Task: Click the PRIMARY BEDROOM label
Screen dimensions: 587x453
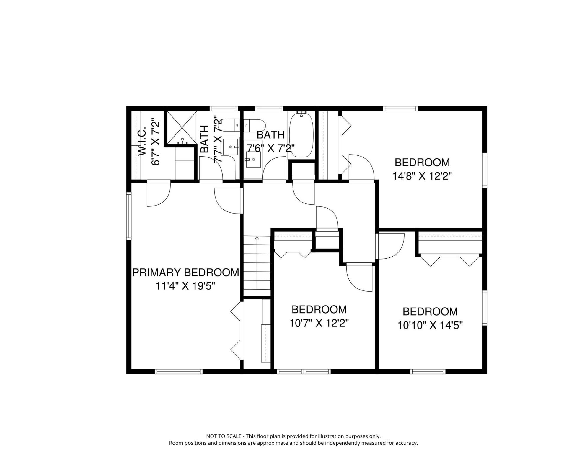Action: click(x=185, y=272)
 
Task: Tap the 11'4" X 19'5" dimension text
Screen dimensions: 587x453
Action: click(x=185, y=286)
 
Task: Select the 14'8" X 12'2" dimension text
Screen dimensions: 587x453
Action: click(x=422, y=176)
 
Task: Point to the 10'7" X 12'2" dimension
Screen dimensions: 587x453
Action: click(x=319, y=323)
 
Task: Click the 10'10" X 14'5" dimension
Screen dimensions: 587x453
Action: click(x=430, y=325)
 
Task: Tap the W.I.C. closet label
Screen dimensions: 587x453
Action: click(x=142, y=141)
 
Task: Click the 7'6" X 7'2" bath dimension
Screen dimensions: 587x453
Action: click(x=271, y=148)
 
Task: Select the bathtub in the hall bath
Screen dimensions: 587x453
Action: click(x=301, y=135)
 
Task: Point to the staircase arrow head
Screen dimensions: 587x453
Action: click(x=257, y=237)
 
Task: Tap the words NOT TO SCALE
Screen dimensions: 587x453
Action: click(x=224, y=436)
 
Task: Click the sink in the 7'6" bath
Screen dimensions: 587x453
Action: click(x=253, y=160)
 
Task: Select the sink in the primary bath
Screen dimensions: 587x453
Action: click(x=230, y=147)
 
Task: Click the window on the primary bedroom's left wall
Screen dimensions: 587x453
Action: click(x=129, y=216)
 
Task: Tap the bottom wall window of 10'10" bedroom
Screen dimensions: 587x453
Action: click(x=428, y=372)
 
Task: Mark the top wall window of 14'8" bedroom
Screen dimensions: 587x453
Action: click(x=400, y=109)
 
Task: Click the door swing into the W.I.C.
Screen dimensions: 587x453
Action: click(x=159, y=195)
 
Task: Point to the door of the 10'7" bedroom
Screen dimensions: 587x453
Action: click(x=359, y=279)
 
